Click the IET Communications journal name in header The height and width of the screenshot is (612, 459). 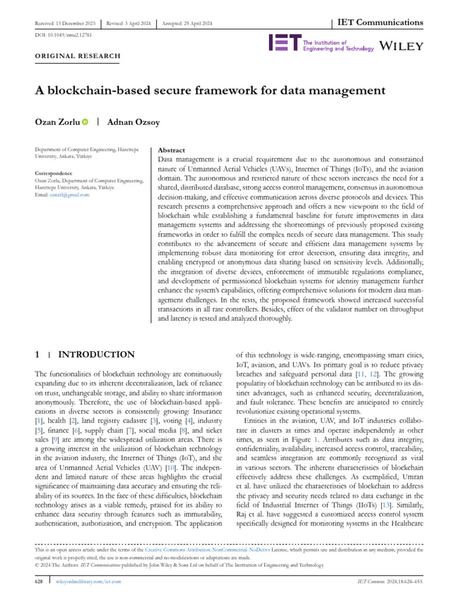[378, 23]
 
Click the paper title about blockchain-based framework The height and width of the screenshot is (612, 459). [210, 91]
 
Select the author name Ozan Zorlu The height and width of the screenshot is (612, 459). [57, 122]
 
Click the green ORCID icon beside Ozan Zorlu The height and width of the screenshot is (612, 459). [85, 123]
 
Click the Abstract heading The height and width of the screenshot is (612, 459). [171, 151]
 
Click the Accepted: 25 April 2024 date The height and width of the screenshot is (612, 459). [187, 23]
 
